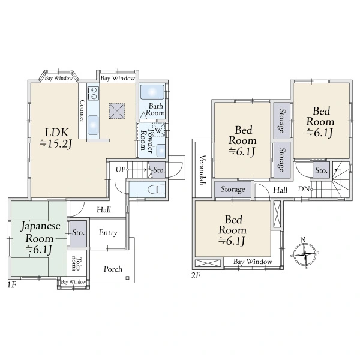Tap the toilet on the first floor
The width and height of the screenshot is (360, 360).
[157, 190]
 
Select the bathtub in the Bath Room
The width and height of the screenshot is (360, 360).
[152, 92]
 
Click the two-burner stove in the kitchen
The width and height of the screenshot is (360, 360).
[93, 93]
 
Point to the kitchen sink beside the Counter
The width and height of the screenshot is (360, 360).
[93, 125]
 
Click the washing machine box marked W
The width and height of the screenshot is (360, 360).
[158, 130]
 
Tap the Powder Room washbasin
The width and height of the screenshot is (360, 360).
[161, 151]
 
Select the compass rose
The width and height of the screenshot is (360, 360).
[305, 254]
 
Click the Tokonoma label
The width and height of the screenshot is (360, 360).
[76, 264]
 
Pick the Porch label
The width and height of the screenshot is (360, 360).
[113, 269]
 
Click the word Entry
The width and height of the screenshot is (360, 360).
[108, 233]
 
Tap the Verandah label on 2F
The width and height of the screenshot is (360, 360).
[202, 170]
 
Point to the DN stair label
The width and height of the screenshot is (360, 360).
[304, 189]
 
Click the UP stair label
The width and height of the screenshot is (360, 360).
[121, 170]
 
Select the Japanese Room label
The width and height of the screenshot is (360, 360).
[40, 238]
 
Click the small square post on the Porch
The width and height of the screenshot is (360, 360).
[127, 278]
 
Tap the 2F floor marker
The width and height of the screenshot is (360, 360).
[196, 275]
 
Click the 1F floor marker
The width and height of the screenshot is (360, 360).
[11, 285]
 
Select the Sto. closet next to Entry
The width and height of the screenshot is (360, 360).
[78, 233]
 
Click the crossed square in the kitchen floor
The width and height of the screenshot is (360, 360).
[117, 111]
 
